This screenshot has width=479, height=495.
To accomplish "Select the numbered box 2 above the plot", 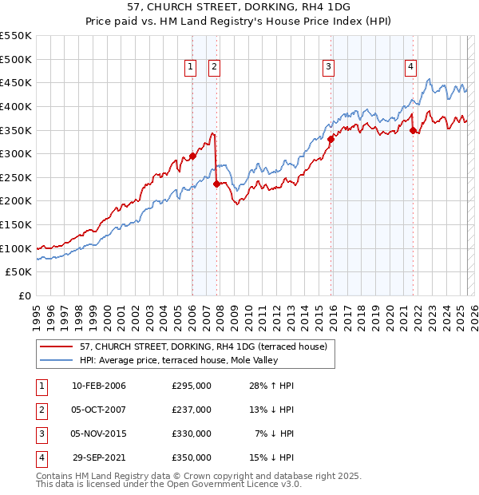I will coord(216,68).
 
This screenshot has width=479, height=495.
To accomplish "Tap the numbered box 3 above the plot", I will coord(329,68).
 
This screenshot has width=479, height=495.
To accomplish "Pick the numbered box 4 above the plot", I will coord(410,68).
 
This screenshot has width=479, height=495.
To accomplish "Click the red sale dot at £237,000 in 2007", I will coord(216,184).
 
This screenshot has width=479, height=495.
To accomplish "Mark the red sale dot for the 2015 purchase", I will coord(331,139).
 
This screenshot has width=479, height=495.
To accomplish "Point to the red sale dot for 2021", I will coord(414,130).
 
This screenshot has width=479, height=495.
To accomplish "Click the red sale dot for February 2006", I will coord(192,156).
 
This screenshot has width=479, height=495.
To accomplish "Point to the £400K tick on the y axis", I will coord(17,106).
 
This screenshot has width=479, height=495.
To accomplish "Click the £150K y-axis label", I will coord(17,224).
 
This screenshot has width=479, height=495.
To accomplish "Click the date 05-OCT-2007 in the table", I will coord(99,410).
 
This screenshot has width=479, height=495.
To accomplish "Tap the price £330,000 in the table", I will coord(192,434).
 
